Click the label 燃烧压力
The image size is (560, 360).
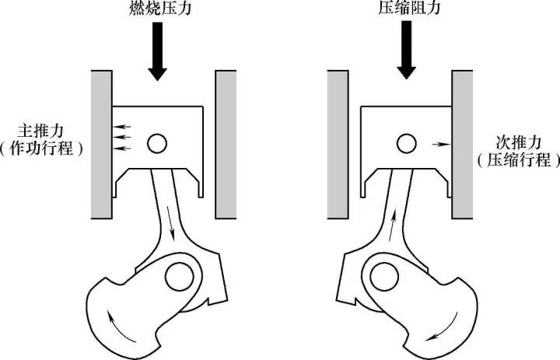click(160, 9)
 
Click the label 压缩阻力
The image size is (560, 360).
click(409, 9)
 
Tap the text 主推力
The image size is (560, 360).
click(40, 131)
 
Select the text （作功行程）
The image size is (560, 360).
click(41, 149)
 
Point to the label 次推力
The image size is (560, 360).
click(519, 142)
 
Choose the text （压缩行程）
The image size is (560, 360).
click(519, 160)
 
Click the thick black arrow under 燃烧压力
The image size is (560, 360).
click(157, 51)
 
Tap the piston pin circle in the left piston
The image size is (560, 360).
click(157, 144)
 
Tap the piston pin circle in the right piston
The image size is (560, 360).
click(407, 144)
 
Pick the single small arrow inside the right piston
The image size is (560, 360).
click(442, 145)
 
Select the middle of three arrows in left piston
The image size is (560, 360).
click(122, 137)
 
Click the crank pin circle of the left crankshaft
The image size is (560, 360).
click(180, 277)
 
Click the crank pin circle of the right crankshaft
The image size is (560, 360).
click(384, 277)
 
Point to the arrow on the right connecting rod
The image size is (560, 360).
click(393, 225)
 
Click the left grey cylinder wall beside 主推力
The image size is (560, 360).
click(102, 145)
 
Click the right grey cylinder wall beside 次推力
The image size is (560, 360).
click(462, 145)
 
